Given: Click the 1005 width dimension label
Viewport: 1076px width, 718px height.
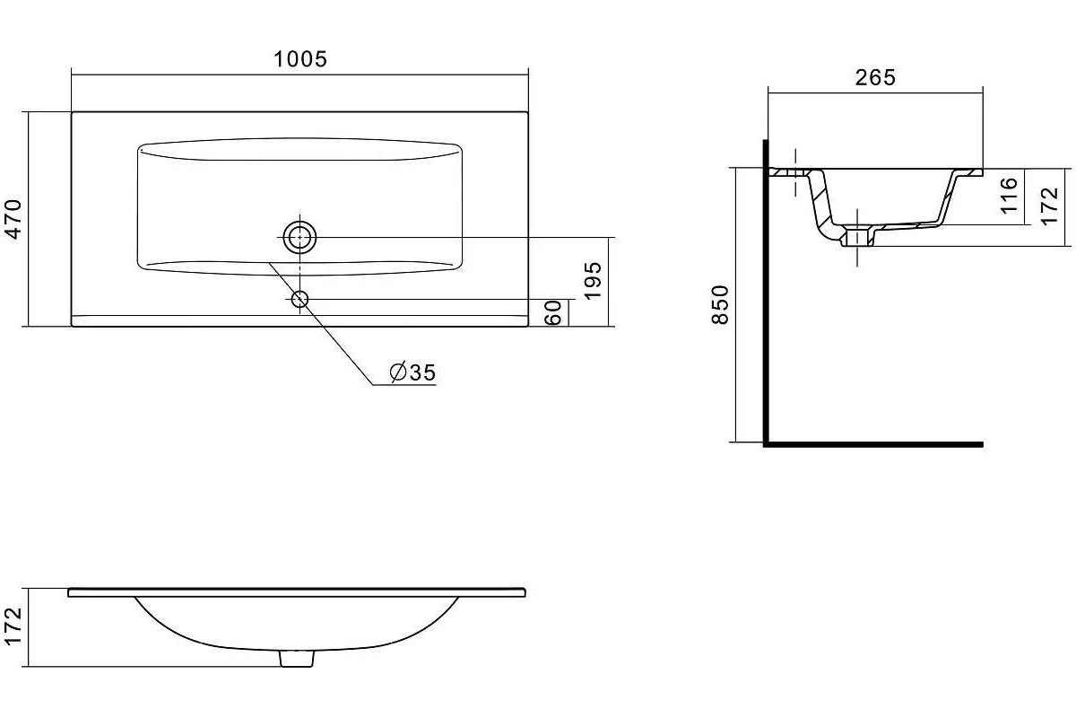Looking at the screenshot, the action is click(300, 59).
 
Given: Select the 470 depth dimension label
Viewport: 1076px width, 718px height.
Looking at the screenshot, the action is click(14, 219).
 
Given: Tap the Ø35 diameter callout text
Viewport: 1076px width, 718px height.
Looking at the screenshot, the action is click(412, 372).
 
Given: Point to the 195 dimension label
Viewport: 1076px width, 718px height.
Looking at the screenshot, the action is click(593, 281).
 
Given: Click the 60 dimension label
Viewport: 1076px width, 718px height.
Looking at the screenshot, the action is click(553, 312).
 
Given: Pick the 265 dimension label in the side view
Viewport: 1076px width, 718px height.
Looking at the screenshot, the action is click(875, 77).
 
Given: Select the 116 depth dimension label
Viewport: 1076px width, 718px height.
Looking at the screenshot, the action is click(1010, 196).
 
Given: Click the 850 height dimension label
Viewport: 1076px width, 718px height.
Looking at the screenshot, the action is click(721, 305).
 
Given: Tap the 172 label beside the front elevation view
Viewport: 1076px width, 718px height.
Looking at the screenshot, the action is click(13, 626).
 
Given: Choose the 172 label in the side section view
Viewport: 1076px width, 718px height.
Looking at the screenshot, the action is click(1050, 206).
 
